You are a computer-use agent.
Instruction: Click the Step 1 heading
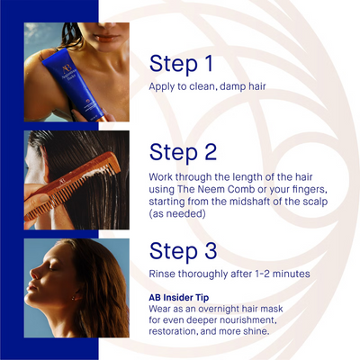[181, 64]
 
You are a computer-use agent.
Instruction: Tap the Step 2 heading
[183, 152]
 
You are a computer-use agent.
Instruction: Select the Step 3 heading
[183, 251]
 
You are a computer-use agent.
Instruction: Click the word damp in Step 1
[232, 86]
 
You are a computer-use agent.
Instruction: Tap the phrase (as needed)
[177, 214]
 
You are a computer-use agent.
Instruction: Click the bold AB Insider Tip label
[179, 298]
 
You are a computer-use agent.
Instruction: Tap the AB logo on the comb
[62, 182]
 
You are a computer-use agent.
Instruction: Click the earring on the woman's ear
[73, 298]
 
